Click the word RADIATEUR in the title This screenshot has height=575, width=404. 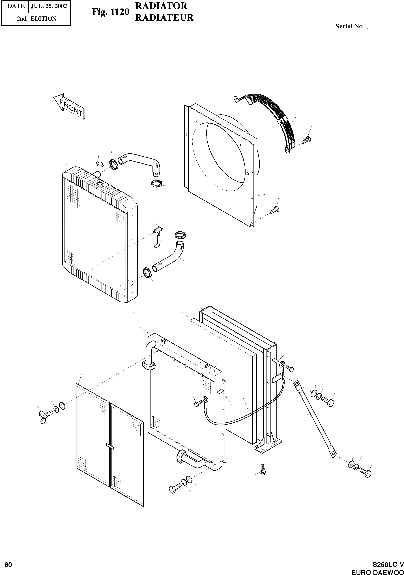(164, 18)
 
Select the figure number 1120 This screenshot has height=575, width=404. (110, 12)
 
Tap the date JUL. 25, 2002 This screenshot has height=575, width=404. (49, 6)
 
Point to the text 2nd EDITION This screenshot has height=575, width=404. (36, 19)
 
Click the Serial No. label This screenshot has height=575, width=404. (351, 27)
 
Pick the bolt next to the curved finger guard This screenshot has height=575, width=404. (306, 140)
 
